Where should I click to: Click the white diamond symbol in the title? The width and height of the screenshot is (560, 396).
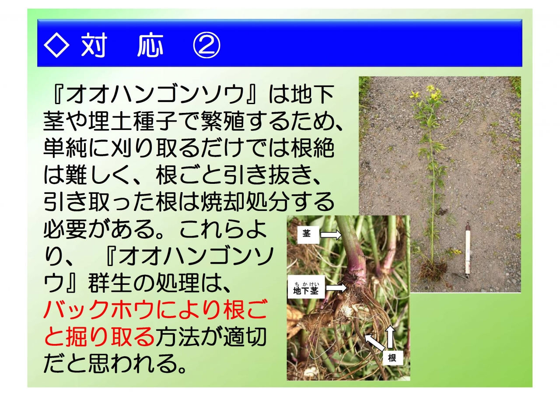click(x=56, y=45)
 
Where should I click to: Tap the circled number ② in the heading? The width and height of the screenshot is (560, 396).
click(x=207, y=45)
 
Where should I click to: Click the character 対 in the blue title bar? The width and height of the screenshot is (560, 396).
click(x=94, y=45)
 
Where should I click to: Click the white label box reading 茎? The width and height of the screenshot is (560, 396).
click(x=308, y=235)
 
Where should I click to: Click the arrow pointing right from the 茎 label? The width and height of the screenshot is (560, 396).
click(x=331, y=235)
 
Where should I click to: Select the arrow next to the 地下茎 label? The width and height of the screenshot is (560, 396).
click(x=336, y=287)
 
